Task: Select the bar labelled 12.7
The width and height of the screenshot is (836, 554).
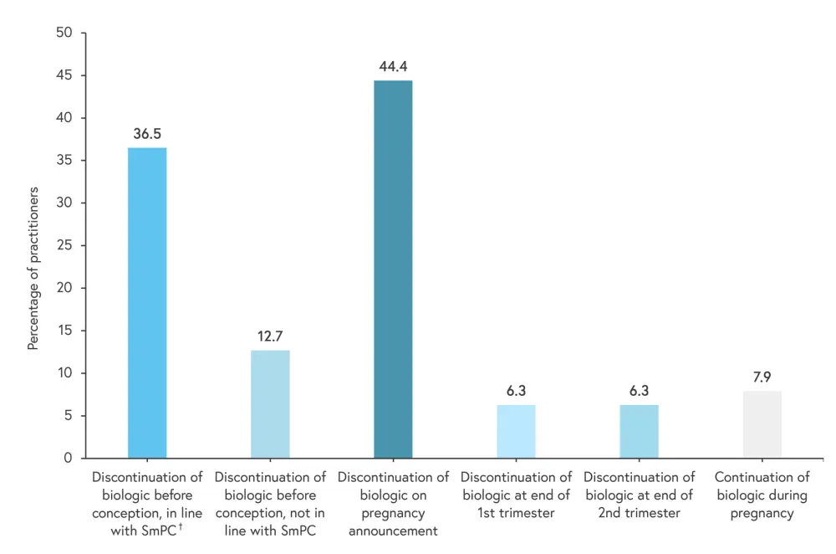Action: pos(270,404)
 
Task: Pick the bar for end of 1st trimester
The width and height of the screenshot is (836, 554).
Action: pos(516,431)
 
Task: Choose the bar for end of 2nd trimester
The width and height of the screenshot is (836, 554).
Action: pos(639,431)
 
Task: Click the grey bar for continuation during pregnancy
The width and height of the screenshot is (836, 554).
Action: pos(762,424)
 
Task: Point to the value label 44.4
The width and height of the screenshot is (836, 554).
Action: pos(393,66)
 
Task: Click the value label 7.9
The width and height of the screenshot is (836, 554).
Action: pos(762,377)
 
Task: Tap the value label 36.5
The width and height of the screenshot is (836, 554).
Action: pos(147,134)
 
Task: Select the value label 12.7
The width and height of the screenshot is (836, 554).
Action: pos(270,336)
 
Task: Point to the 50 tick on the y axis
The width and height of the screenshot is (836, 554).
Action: pos(65,33)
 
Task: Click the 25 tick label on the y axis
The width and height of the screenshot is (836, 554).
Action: pos(65,245)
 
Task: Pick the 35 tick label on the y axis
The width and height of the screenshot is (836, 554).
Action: pos(65,161)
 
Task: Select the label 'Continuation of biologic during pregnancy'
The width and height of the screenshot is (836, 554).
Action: pos(762,495)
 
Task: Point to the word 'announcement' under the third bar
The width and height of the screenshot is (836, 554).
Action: pos(393,531)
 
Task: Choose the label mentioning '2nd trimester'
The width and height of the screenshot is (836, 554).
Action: pos(639,495)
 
